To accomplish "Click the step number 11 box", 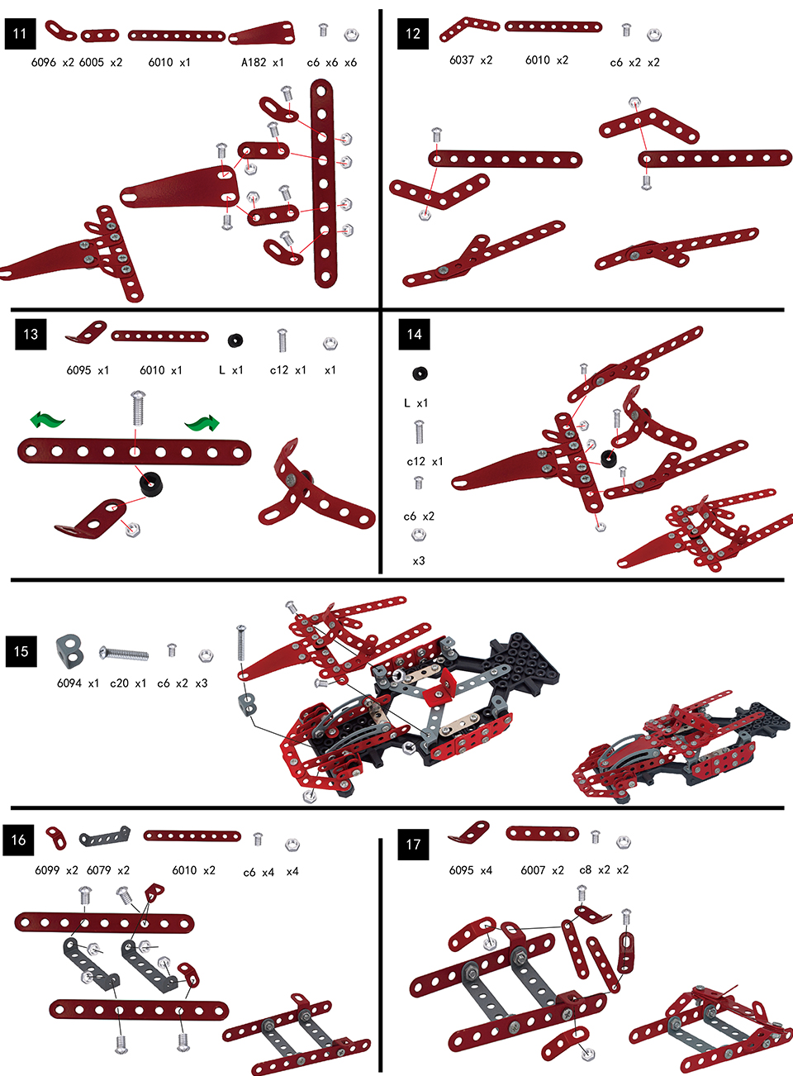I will [20, 34].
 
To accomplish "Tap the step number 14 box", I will [414, 334].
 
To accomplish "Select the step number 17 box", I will [413, 844].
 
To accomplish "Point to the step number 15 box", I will [21, 651].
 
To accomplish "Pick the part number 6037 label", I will [462, 60].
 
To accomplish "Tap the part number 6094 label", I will [69, 683].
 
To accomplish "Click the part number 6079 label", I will [99, 870].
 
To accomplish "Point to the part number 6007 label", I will [534, 870].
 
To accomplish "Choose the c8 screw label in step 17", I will [586, 870].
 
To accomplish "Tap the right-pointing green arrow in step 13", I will [202, 423].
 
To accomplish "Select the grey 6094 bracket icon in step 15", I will [69, 650].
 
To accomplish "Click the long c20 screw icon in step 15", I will [124, 654].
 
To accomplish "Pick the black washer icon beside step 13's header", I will [235, 340].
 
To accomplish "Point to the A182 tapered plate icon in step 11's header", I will [262, 33].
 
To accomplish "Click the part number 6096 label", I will [44, 62].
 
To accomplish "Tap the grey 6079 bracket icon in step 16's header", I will [105, 836].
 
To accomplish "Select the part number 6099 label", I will [47, 870].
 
